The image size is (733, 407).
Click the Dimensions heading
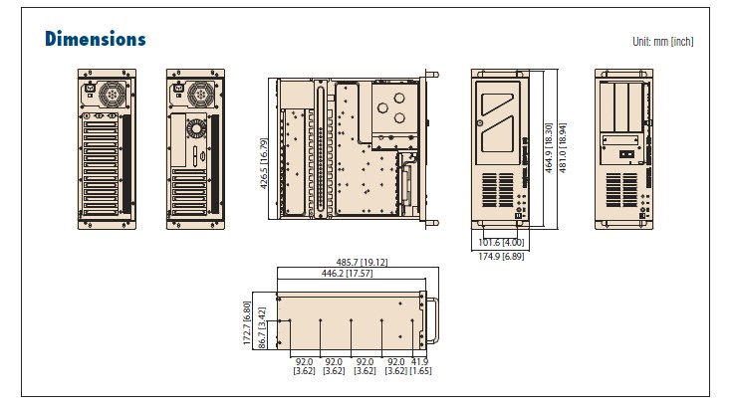[x=96, y=39]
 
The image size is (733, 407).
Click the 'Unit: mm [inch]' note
[x=662, y=42]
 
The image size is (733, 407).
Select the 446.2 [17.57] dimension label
[x=348, y=273]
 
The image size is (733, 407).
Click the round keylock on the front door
[x=481, y=123]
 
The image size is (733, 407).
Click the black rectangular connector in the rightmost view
[x=624, y=153]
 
